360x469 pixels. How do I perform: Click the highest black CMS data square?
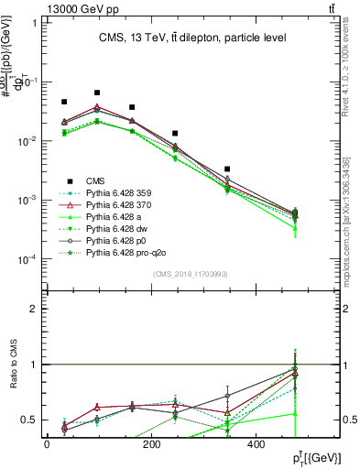click(97, 93)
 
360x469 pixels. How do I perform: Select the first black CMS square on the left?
click(64, 102)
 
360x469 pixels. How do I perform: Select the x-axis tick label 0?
click(47, 443)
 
